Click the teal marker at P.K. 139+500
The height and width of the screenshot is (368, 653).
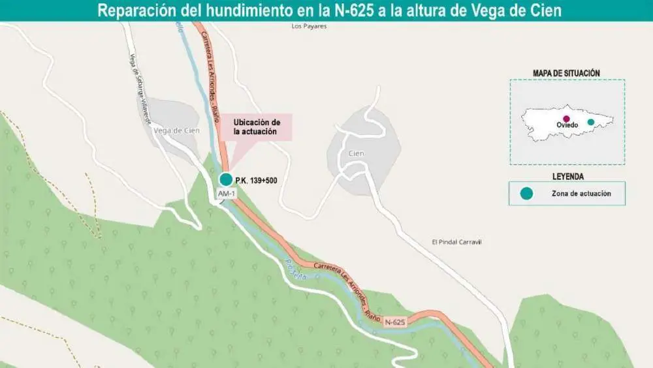pos(225,179)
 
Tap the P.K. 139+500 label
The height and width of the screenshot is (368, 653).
pos(257,180)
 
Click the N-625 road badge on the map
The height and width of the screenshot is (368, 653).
pos(395,322)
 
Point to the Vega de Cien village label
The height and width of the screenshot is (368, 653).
pos(176,130)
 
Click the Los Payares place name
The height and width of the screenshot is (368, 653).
pos(309,27)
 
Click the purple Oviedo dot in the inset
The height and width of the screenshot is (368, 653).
pos(566,119)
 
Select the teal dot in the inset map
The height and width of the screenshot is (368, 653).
pos(591,122)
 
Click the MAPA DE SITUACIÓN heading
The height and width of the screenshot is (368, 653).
pos(566,72)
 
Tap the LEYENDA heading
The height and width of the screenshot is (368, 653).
pos(567,176)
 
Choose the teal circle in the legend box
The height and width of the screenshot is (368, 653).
pos(526,193)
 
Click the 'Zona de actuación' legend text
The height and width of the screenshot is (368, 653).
pos(581,193)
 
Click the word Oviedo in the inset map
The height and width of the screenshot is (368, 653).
pos(567,125)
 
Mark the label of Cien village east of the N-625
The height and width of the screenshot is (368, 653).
pos(356,153)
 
